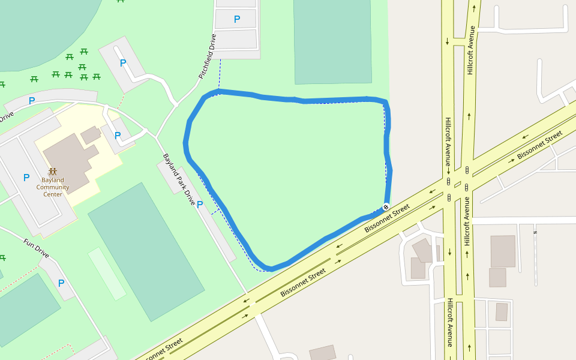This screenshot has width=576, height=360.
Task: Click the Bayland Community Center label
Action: pyautogui.click(x=53, y=187)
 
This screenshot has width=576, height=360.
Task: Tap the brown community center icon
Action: pyautogui.click(x=53, y=171)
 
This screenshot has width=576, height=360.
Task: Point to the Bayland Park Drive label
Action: pyautogui.click(x=179, y=179)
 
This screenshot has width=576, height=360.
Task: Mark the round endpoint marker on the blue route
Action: pyautogui.click(x=386, y=207)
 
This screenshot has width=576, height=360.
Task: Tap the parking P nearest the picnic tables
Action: pyautogui.click(x=123, y=63)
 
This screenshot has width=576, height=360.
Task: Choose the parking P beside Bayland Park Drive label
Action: pyautogui.click(x=200, y=204)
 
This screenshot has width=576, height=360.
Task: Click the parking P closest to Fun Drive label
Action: pyautogui.click(x=61, y=283)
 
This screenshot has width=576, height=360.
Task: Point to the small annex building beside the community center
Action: pyautogui.click(x=91, y=135)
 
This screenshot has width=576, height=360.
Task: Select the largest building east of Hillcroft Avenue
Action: pyautogui.click(x=503, y=251)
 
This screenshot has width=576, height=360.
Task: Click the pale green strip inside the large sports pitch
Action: pyautogui.click(x=107, y=273)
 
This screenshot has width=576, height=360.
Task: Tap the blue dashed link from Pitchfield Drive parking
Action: pyautogui.click(x=220, y=75)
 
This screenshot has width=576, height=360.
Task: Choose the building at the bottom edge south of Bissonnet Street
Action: pyautogui.click(x=323, y=353)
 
